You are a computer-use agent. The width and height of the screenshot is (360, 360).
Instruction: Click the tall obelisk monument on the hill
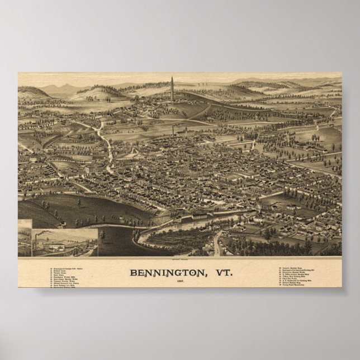tap(172, 89)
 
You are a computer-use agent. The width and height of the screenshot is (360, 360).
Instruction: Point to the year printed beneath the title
tap(179, 282)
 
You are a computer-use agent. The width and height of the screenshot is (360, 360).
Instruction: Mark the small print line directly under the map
tap(179, 259)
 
